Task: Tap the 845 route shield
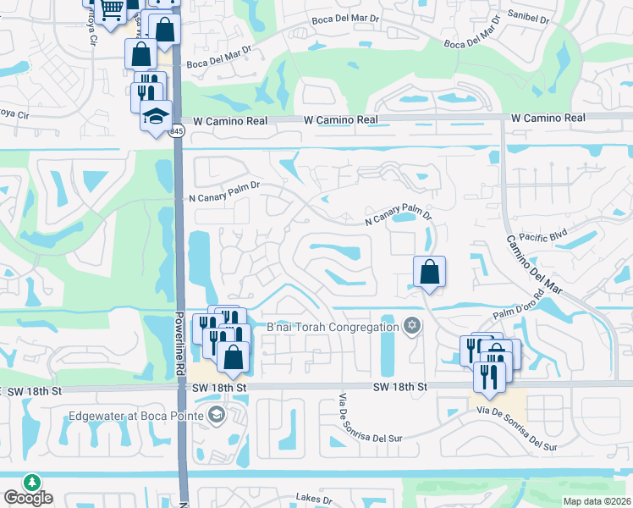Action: click(176, 131)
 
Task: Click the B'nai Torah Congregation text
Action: click(333, 327)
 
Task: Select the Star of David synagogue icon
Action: click(412, 327)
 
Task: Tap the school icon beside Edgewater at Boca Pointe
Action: click(216, 415)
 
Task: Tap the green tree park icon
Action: click(32, 482)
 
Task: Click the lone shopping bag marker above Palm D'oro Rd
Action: click(429, 272)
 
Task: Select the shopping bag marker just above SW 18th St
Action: click(233, 356)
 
